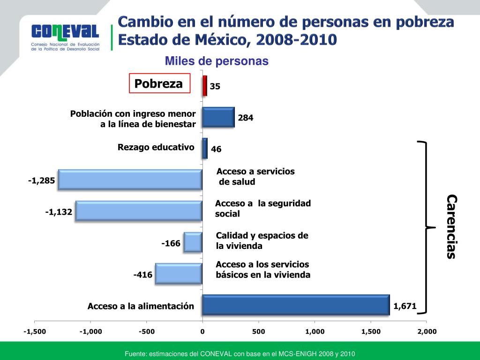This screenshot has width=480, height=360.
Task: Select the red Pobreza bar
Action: [204, 86]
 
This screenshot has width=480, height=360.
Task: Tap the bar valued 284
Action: [218, 117]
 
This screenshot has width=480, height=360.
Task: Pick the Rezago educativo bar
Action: [205, 148]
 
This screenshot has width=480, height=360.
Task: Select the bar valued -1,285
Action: [130, 180]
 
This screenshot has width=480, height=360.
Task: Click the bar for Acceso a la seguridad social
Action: [139, 211]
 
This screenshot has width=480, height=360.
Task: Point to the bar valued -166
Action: [193, 242]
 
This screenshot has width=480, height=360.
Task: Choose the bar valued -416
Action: [179, 274]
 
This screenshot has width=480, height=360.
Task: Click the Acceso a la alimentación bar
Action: [296, 305]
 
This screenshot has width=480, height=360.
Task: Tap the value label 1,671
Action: [405, 306]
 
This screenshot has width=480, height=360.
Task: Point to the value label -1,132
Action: [59, 212]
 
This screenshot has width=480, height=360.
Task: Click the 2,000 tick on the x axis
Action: [427, 331]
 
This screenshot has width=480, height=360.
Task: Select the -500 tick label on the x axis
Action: [146, 331]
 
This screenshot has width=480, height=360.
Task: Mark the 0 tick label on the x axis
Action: [202, 331]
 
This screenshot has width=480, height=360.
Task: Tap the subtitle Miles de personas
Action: [216, 61]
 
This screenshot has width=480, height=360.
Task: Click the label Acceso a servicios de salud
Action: [255, 177]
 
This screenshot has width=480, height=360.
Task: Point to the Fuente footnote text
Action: [240, 353]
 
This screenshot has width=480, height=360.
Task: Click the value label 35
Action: [215, 86]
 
